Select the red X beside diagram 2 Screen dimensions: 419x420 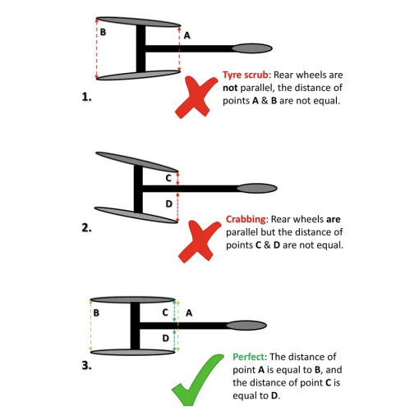(199, 242)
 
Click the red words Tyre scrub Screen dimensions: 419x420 (245, 75)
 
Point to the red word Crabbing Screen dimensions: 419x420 (246, 220)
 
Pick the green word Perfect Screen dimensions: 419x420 (249, 357)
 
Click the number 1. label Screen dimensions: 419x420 (86, 97)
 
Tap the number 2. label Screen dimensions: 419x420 (86, 228)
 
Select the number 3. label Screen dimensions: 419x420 (86, 365)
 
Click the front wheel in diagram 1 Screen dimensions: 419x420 (252, 48)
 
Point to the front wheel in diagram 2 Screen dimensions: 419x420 (257, 188)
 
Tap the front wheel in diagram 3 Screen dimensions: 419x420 (246, 326)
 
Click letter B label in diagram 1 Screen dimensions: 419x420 (103, 32)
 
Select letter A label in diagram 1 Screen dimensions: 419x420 (187, 35)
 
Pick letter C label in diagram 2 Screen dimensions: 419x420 (168, 178)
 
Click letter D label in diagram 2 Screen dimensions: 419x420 (169, 203)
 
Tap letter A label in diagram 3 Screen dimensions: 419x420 (189, 313)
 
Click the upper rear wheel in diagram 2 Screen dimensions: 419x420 (137, 162)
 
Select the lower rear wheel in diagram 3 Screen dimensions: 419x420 (133, 352)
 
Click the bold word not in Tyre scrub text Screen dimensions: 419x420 (230, 88)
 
